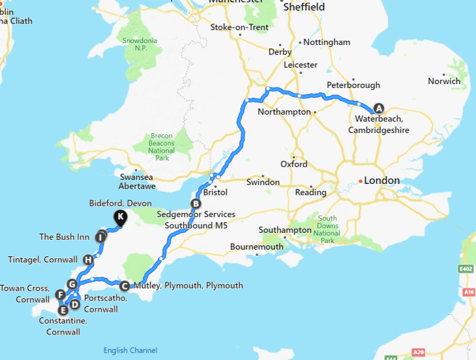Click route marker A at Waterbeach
pos(379,109)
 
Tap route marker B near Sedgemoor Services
pos(194,203)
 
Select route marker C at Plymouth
pos(124,285)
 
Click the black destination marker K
pos(120,217)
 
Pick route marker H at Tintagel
pos(88,260)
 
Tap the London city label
pos(383,181)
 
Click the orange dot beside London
pos(361,181)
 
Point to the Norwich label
pos(444,82)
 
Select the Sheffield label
pos(304,7)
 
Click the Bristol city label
pos(215,193)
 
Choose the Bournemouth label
pos(256,247)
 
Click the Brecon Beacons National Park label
pos(161,147)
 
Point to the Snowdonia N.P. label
pos(140,44)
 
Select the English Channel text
pos(130,351)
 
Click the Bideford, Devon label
pos(120,203)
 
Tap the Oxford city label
pos(293,164)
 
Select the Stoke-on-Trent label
pos(240,27)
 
